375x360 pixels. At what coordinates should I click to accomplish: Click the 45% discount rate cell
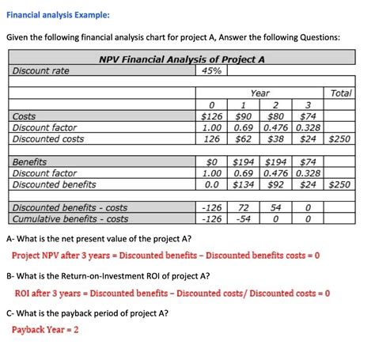211,71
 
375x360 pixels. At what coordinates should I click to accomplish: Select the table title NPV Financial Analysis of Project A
181,59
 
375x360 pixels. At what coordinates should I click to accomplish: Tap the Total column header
341,93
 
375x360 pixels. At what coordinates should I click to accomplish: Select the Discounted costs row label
49,139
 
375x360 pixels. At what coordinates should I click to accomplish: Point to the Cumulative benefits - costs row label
70,218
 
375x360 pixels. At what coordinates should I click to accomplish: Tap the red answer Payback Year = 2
45,329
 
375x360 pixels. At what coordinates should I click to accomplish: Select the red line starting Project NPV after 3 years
165,256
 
